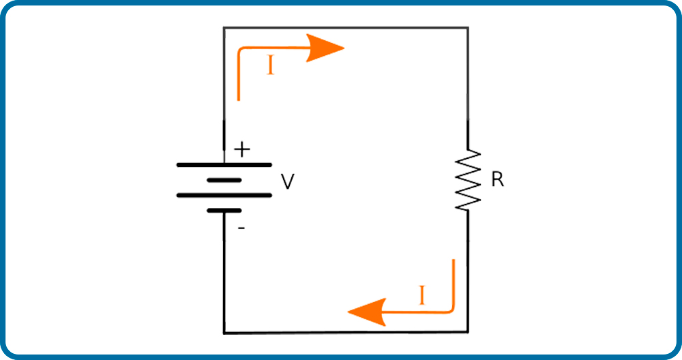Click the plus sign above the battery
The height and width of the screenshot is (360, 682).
[242, 151]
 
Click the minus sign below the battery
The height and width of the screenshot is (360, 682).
[241, 228]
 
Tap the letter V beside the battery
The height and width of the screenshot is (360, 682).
[288, 182]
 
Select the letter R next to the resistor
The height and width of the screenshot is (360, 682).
[498, 179]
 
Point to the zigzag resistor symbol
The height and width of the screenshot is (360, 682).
[468, 180]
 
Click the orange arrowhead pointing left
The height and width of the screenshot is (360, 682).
[367, 312]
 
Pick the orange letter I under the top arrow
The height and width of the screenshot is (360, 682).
[271, 67]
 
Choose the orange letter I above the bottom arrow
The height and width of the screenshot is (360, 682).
[421, 295]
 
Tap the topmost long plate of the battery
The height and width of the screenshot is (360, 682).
[224, 165]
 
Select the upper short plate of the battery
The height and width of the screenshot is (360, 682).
[224, 180]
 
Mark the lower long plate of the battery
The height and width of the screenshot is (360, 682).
[224, 195]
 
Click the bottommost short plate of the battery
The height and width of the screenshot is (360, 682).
[224, 211]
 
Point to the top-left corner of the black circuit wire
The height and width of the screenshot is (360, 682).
[224, 27]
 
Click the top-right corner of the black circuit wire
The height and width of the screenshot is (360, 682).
[468, 27]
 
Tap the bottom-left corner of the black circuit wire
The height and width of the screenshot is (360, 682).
[224, 333]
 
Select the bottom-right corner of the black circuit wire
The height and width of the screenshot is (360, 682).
[468, 333]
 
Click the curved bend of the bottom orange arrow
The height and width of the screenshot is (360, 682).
[451, 310]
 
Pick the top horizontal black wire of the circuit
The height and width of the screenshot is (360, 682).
[346, 27]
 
